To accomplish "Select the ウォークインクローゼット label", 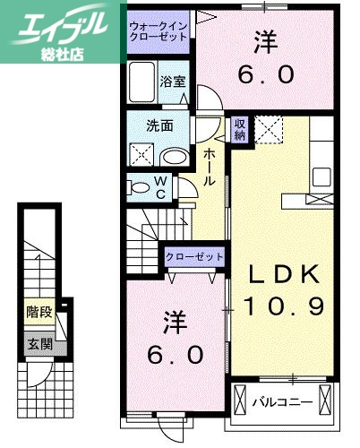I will click(x=159, y=33).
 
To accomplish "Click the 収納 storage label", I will click(x=240, y=129).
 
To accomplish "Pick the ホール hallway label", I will click(x=210, y=168).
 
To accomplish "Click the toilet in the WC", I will click(x=141, y=188).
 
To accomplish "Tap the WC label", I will click(x=160, y=187).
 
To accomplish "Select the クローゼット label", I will click(x=193, y=257).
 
